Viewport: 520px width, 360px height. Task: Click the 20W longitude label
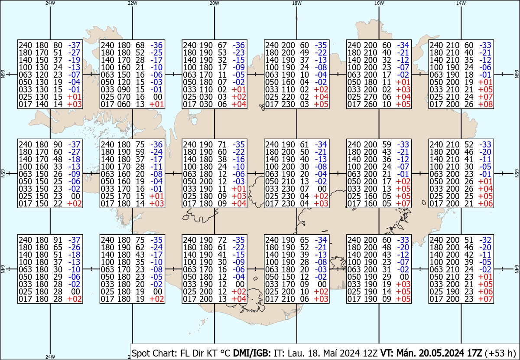click(214, 3)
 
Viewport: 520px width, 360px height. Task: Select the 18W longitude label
click(296, 3)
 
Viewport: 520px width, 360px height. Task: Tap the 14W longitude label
click(461, 3)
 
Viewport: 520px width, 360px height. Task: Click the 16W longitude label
click(379, 3)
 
